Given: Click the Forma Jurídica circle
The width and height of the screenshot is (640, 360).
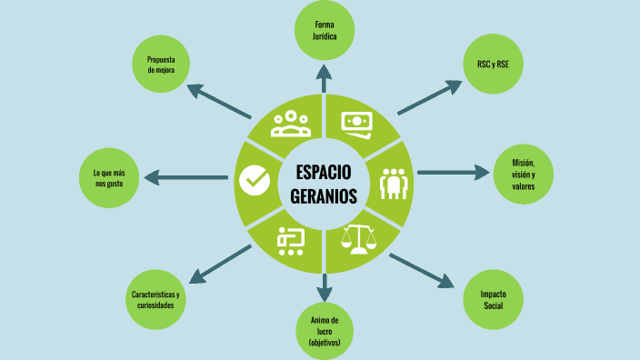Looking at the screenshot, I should [x=325, y=31].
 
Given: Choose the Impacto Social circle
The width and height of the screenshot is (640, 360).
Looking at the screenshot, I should [x=493, y=299].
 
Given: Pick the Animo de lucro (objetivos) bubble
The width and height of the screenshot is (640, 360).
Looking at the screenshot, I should [x=324, y=331].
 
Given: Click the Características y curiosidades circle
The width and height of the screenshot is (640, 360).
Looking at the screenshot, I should [x=155, y=299].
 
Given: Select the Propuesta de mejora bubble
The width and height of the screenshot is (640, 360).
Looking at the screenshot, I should [x=160, y=65].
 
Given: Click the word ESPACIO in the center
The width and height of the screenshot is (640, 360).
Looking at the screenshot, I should [x=324, y=173].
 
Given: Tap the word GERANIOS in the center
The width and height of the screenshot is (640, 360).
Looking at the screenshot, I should [x=324, y=195].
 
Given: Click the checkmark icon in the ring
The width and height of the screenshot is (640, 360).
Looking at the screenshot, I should [x=254, y=181].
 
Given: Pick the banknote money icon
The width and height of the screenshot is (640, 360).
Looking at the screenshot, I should [x=358, y=122].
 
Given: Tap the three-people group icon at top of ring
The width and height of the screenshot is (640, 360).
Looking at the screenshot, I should [x=290, y=123].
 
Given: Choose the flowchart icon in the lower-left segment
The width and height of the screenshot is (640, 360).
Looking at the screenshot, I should [x=291, y=239].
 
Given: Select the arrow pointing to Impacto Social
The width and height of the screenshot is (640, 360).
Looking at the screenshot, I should [x=422, y=270].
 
